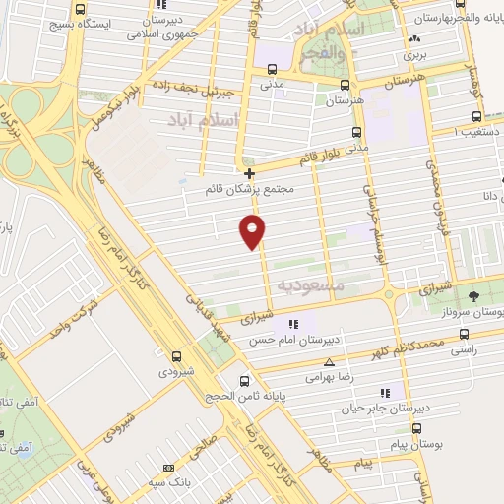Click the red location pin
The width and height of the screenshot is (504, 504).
click(x=253, y=231)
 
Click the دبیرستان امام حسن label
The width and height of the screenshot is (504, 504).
click(x=292, y=340)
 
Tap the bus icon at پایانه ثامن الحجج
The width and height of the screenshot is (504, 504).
click(x=244, y=382)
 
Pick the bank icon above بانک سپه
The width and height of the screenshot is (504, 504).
click(x=168, y=468)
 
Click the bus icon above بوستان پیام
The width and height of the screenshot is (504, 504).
click(x=416, y=428)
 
